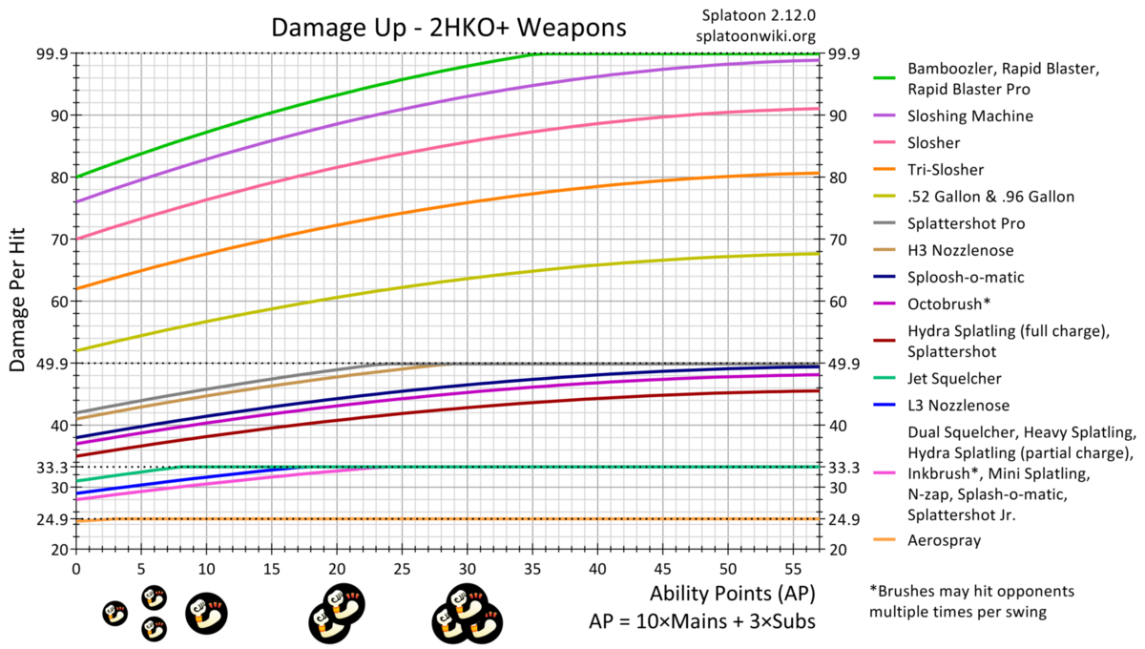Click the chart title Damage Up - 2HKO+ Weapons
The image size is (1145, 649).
[x=449, y=27]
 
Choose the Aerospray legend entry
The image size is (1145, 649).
[x=947, y=540]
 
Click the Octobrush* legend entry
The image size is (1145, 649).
[x=949, y=304]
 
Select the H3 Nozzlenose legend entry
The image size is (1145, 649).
[x=961, y=250]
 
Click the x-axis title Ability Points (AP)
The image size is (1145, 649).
[x=732, y=593]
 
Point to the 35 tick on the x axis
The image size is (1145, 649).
[x=533, y=567]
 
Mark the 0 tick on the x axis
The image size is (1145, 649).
[x=76, y=567]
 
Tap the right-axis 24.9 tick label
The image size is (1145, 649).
[x=844, y=520]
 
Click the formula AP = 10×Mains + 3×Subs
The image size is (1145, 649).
[x=700, y=620]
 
